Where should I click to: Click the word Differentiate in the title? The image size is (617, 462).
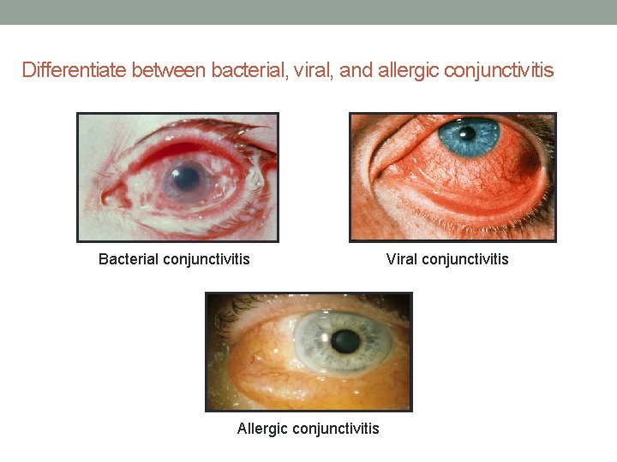75,70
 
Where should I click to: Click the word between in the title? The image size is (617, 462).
169,70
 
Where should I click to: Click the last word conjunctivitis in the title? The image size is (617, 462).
500,70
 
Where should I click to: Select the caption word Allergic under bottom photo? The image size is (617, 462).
263,428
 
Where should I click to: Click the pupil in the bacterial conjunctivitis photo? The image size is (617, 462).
183,177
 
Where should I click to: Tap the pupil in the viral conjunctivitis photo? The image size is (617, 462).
468,133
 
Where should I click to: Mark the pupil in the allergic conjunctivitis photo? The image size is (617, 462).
345,341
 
